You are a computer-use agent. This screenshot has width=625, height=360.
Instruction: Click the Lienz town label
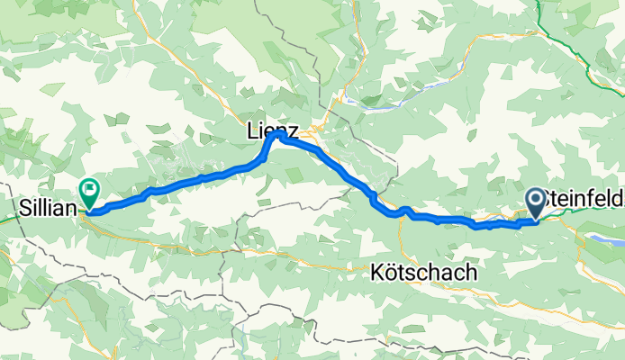pos(274,130)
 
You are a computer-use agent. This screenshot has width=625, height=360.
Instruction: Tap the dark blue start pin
pos(534,201)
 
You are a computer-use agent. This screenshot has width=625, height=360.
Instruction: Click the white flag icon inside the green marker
pos(89,189)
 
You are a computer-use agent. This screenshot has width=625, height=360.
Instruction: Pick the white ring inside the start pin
pos(534,198)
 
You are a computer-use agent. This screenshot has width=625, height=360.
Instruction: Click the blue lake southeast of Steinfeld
pos(608,240)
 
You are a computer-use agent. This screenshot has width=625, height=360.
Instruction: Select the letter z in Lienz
pos(295,131)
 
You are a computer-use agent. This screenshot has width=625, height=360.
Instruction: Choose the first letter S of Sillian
pos(22,207)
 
